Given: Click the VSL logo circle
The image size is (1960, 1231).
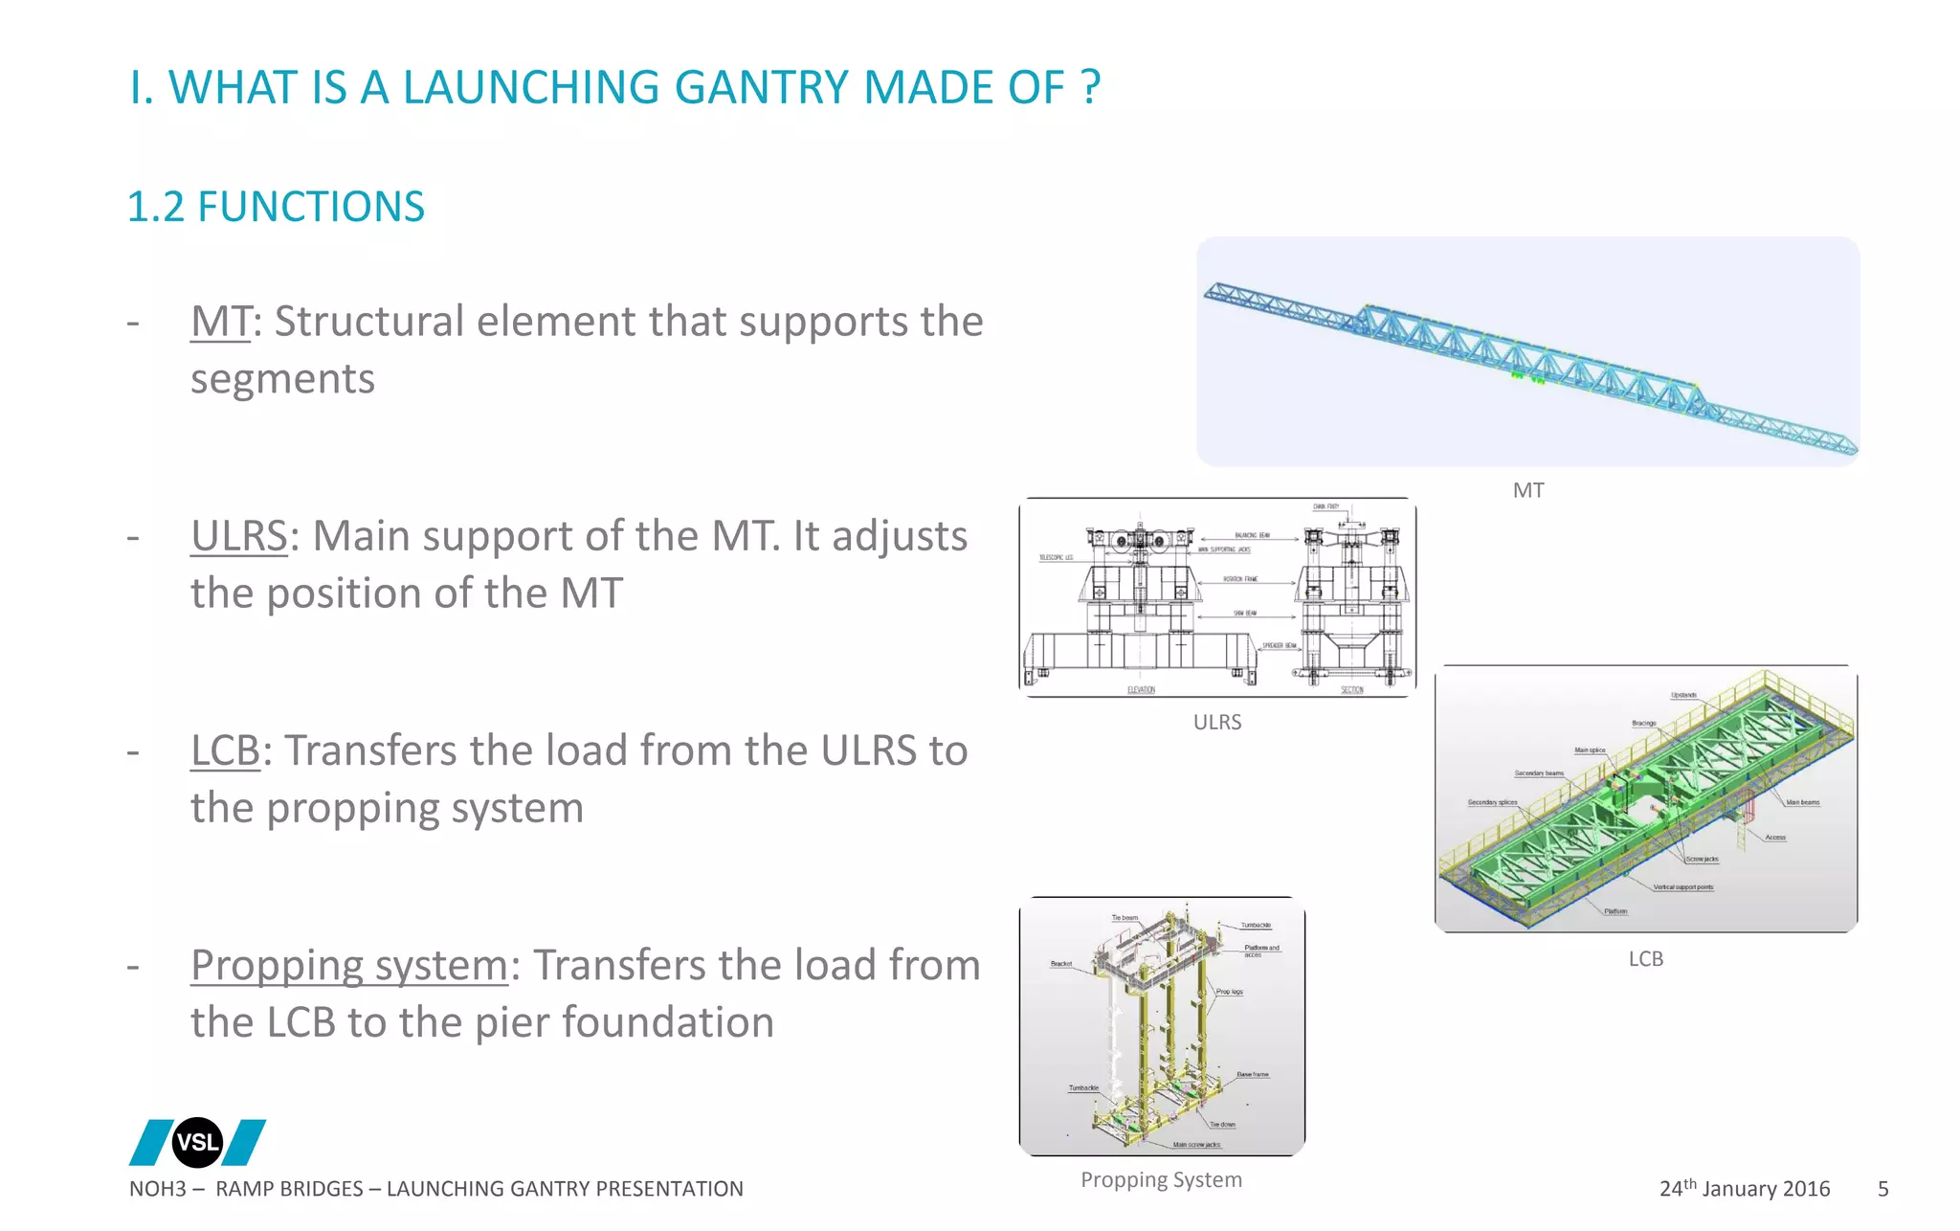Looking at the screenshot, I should pos(197,1142).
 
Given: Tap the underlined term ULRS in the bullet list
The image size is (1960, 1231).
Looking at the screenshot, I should pos(238,536).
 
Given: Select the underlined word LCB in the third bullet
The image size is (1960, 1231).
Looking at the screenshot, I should pos(225,750).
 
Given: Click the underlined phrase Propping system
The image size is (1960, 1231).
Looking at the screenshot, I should pos(348,965).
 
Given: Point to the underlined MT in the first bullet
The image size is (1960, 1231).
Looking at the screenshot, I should pos(220,322).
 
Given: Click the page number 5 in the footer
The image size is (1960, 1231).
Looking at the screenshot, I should pos(1882,1189).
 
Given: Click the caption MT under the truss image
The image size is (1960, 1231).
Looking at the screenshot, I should pos(1528,490).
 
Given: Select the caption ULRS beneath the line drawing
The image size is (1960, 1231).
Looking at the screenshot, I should pos(1217,722).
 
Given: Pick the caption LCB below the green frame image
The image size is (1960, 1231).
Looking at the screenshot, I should pos(1646,958).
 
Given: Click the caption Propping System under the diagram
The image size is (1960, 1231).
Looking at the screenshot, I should pos(1161,1179).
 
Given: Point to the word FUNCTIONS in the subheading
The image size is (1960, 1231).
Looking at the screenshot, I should pos(311,207).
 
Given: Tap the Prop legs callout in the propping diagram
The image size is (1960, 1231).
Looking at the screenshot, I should pos(1230,992).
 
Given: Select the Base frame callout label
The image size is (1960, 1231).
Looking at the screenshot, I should pos(1252,1075).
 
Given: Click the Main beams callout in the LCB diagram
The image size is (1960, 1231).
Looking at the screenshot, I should pos(1803,802).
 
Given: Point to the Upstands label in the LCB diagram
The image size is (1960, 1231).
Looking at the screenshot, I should pos(1683,695).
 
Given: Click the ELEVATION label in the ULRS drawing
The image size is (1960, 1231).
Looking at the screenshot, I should pos(1141,689).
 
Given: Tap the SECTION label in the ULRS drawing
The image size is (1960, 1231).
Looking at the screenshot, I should pos(1351,689).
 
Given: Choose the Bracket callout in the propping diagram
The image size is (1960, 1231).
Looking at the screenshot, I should pos(1061,964).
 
